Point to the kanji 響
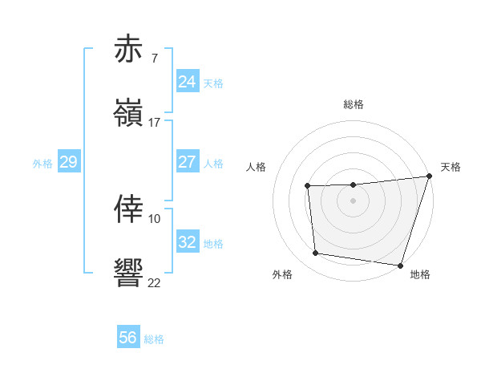128,273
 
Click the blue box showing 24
187,82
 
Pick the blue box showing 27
187,162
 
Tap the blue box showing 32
187,242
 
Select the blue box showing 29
68,162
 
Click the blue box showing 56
128,338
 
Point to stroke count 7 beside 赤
154,59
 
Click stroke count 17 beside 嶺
155,123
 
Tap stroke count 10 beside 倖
155,218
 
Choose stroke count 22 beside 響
155,282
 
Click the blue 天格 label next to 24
213,83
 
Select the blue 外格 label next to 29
42,164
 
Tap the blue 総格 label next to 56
154,339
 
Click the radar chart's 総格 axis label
354,104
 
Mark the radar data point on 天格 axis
428,177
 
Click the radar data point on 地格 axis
399,265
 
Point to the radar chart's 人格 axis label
257,167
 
